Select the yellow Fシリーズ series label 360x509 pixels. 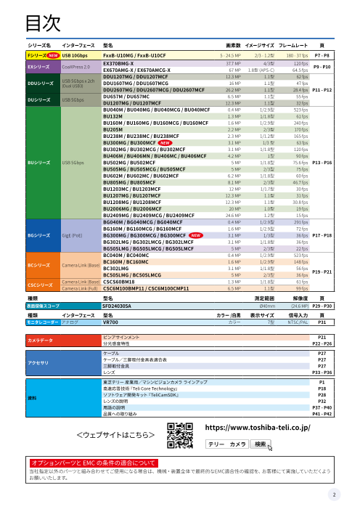(36, 55)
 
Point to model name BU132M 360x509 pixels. (113, 116)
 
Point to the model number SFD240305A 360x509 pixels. (121, 306)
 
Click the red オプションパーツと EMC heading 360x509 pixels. (89, 462)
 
